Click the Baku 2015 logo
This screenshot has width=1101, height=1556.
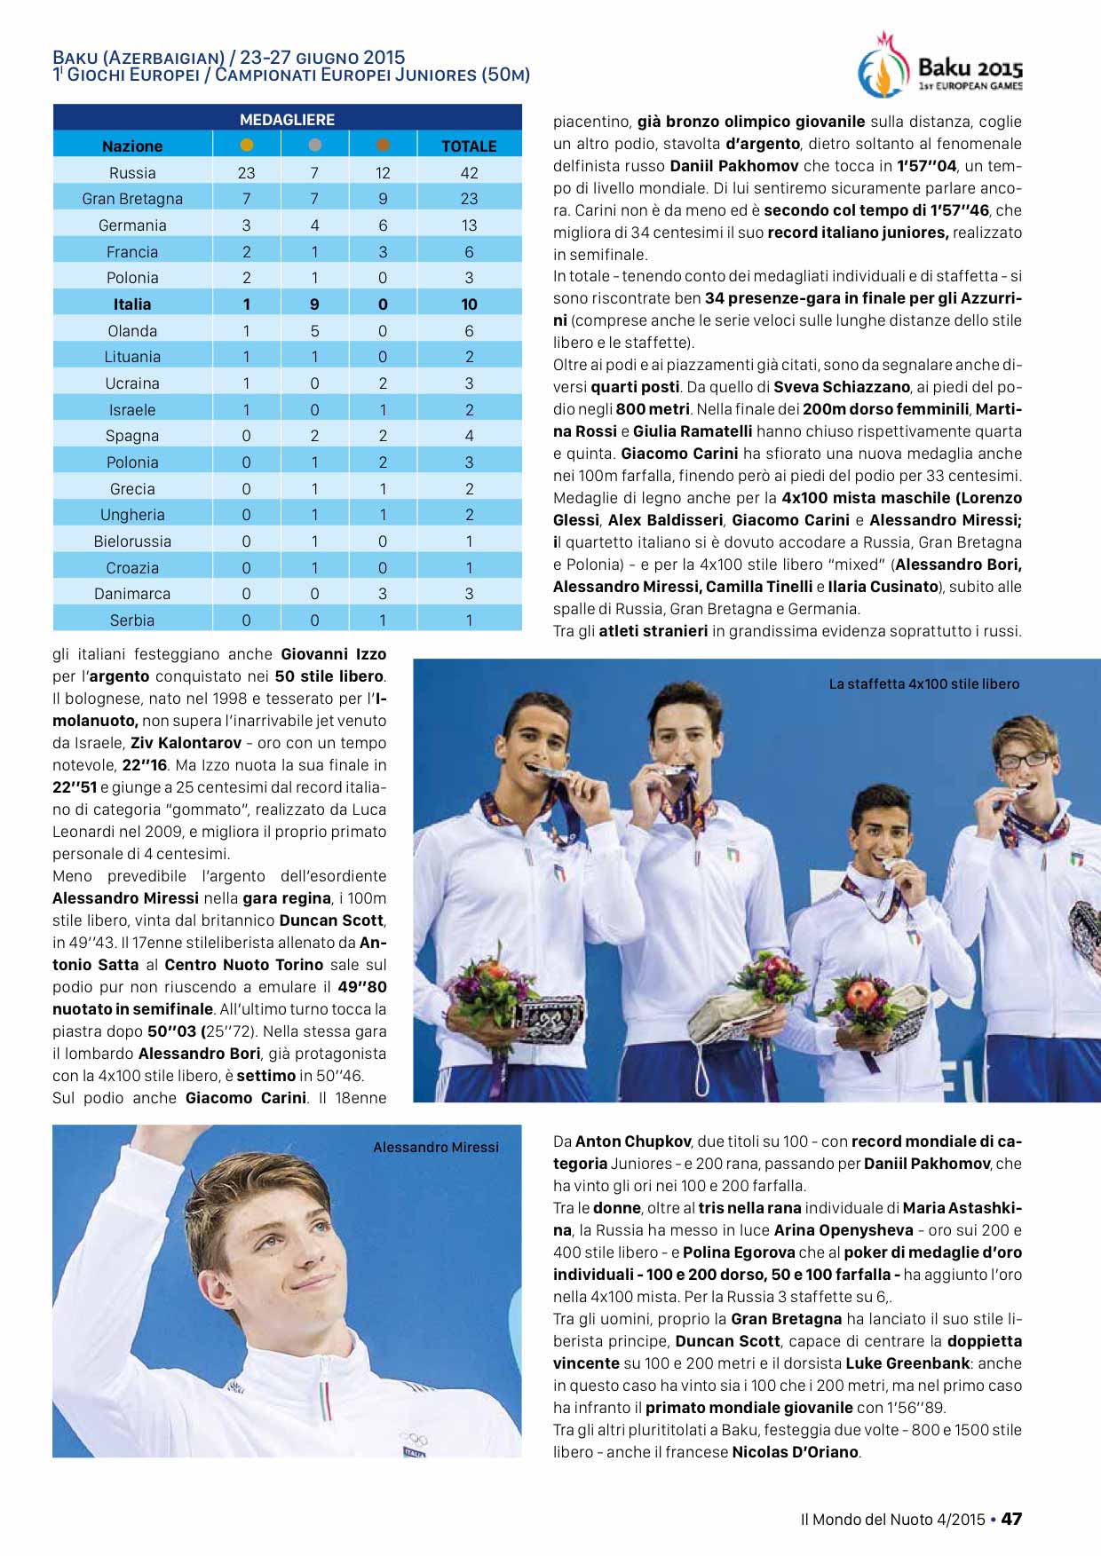coord(939,67)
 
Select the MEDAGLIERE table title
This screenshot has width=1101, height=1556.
coord(287,119)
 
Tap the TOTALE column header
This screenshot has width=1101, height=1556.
coord(469,146)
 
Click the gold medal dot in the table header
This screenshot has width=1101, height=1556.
coord(247,145)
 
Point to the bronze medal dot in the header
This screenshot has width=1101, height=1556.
coord(383,145)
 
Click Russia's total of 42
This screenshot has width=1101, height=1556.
coord(469,172)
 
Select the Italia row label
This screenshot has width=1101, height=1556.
coord(132,304)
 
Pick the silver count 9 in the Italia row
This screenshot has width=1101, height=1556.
coord(314,304)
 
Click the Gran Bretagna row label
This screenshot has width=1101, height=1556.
coord(132,199)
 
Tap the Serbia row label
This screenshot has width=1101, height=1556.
coord(132,620)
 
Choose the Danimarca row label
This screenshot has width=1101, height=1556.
coord(132,593)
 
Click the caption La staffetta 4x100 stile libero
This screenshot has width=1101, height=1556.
coord(923,683)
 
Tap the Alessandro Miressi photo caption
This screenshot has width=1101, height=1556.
coord(435,1147)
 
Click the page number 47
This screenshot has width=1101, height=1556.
coord(1011,1519)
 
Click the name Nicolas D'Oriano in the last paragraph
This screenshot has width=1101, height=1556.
coord(796,1452)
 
